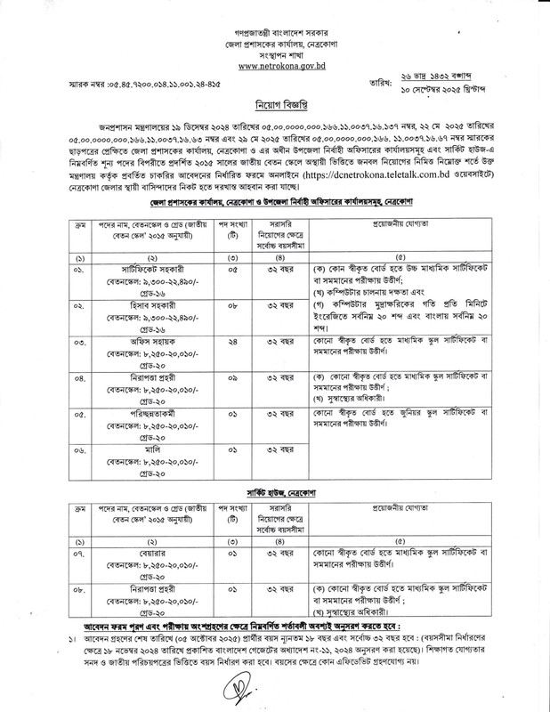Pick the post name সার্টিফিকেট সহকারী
click(143, 267)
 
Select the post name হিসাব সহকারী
click(143, 303)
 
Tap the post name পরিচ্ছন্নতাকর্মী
click(143, 413)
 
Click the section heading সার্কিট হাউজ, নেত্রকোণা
click(274, 491)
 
